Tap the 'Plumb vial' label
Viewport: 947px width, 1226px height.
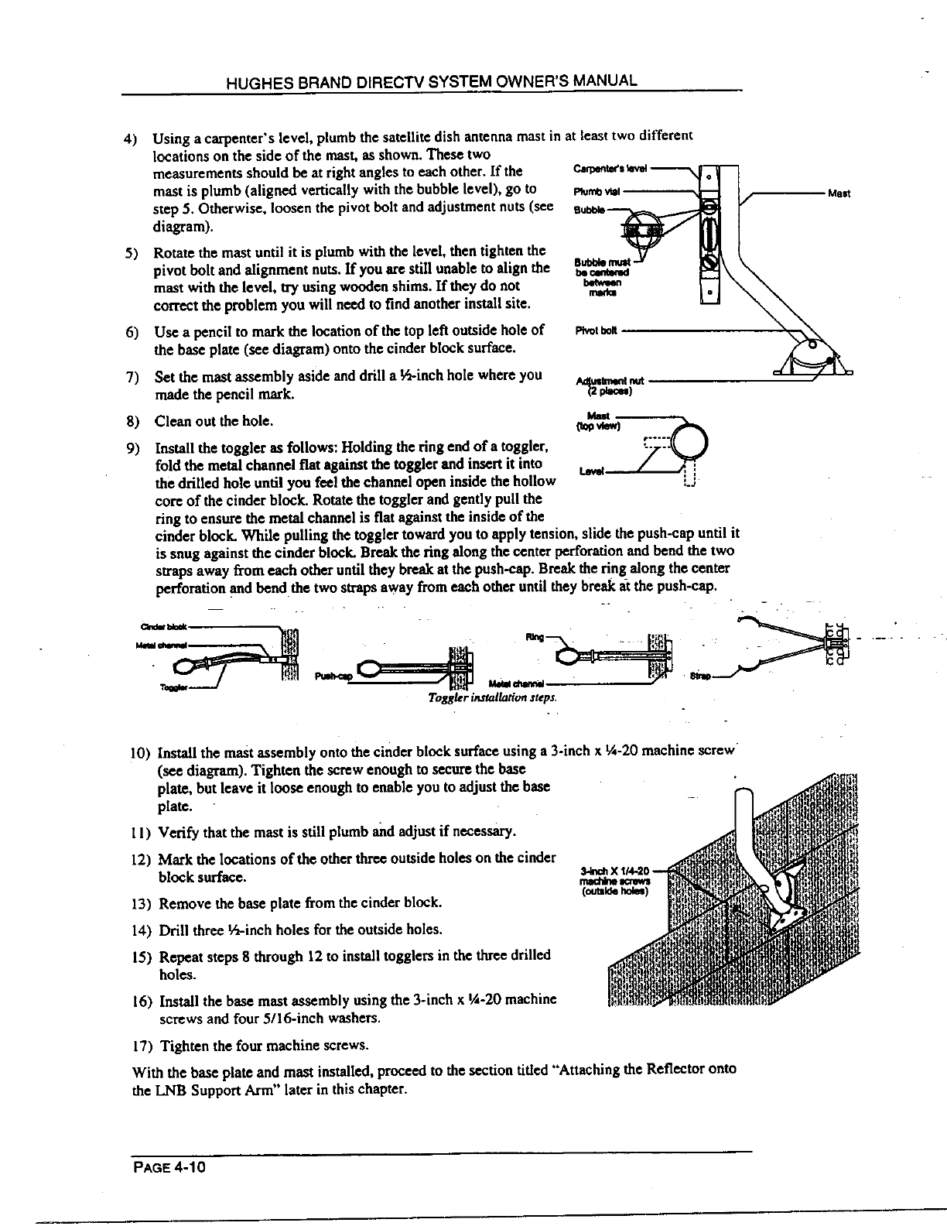595,189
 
